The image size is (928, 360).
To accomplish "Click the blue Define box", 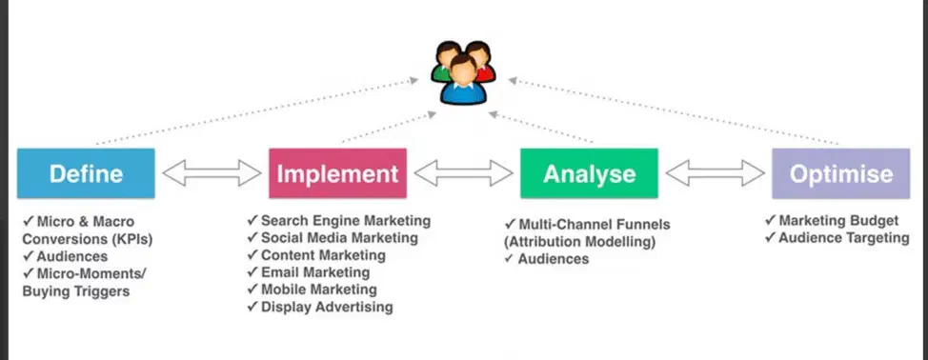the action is point(86,173).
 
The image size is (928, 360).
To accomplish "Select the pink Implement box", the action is point(337,173).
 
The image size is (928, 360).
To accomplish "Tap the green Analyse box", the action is point(589,173).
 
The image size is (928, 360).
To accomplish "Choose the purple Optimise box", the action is point(841,173).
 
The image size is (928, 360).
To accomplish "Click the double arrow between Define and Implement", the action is point(212,173).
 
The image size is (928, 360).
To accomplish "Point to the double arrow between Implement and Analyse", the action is point(463,173).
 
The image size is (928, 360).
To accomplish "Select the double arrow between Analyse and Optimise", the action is point(715,173).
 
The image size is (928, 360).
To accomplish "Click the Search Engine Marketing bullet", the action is point(338,221).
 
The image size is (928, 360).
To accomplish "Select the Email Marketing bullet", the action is point(309,272).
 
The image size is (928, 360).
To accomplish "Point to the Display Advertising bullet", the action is point(320,307).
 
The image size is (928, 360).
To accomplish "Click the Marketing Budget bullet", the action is point(832,221).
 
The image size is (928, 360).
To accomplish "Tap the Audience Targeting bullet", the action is point(837,238).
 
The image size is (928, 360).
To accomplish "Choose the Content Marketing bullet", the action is point(316,255).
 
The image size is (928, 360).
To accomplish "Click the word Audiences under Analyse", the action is point(554,259).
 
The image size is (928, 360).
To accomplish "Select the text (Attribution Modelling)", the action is point(580,242).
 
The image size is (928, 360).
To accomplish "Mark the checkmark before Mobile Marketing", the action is point(252,290).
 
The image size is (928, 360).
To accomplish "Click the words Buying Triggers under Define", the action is point(76,291).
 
